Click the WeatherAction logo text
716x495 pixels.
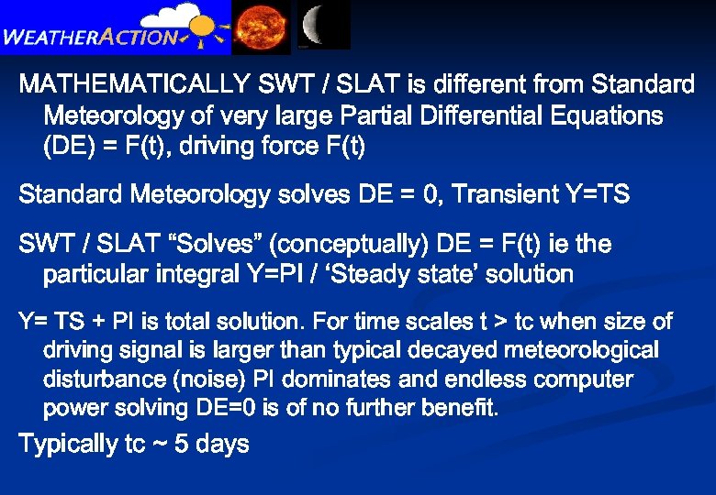92,38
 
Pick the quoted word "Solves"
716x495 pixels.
218,244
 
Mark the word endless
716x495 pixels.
473,379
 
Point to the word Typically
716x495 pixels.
69,445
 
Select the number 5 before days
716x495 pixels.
182,445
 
